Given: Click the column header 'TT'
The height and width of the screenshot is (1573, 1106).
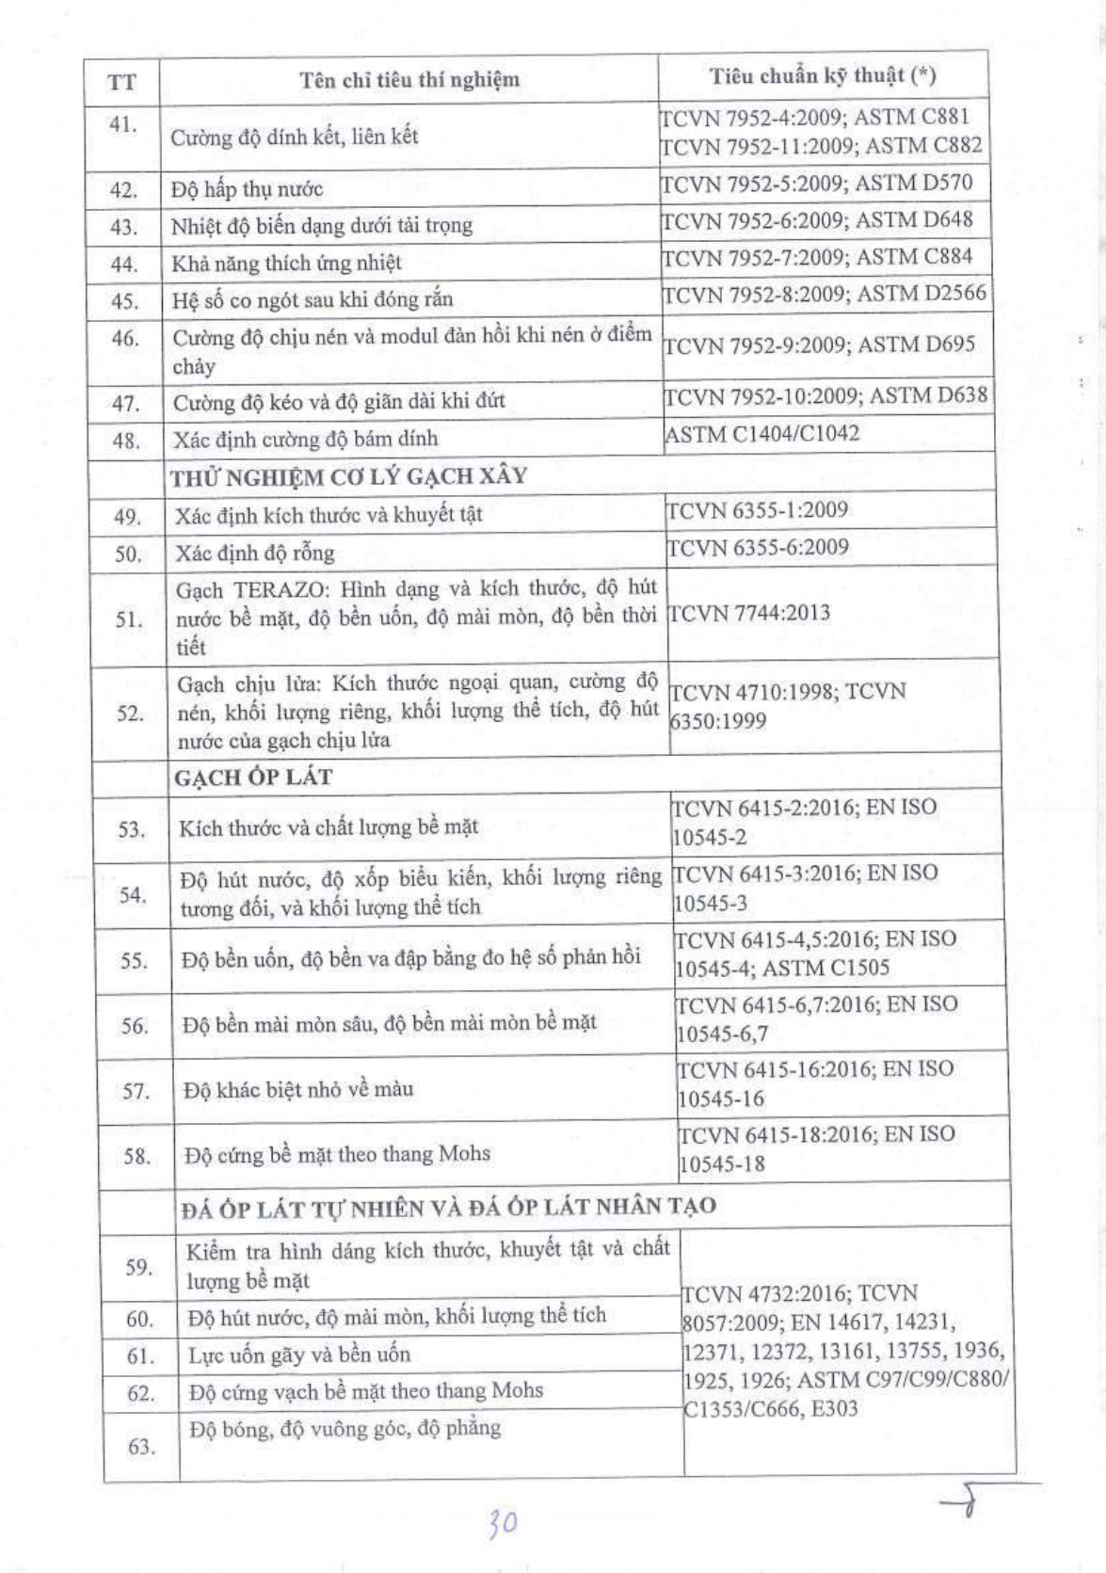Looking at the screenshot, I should tap(121, 82).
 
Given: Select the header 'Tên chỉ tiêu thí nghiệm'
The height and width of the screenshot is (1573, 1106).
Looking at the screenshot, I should tap(409, 79).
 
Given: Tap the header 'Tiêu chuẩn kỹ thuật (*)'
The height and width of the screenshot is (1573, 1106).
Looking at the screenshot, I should tap(823, 75).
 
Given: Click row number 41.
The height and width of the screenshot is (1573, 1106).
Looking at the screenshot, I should tap(122, 124).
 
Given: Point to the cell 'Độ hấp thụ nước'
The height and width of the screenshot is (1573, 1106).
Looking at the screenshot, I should tap(247, 189).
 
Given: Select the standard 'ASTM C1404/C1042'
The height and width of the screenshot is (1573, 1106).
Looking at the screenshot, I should tap(761, 434).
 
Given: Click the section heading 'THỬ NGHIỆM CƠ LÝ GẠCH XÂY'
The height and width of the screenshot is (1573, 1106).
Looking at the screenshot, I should tap(348, 476).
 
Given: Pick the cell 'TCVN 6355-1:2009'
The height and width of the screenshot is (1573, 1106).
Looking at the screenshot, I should tap(757, 510).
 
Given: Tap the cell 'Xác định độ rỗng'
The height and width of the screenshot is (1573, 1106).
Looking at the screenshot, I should tap(254, 553).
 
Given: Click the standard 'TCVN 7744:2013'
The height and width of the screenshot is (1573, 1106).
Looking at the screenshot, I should tap(749, 613).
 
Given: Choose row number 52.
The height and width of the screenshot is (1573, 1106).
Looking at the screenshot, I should tap(130, 713).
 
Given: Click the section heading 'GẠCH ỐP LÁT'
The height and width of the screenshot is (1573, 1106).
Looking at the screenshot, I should tap(253, 778).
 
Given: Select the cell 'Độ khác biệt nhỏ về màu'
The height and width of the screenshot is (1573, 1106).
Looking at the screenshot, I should tap(298, 1090).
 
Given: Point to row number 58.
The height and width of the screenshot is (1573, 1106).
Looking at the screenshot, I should tap(137, 1156).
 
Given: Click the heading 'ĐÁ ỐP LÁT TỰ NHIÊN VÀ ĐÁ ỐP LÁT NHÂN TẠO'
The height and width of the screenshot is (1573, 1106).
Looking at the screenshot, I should tap(448, 1208).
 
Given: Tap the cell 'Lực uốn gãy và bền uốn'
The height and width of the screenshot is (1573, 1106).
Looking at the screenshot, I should tap(299, 1356).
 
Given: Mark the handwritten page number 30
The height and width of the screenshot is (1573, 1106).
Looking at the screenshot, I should tap(503, 1521).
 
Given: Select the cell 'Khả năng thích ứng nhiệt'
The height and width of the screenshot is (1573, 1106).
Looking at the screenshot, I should tap(286, 263).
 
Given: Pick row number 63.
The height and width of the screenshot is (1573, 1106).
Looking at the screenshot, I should tap(141, 1447).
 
